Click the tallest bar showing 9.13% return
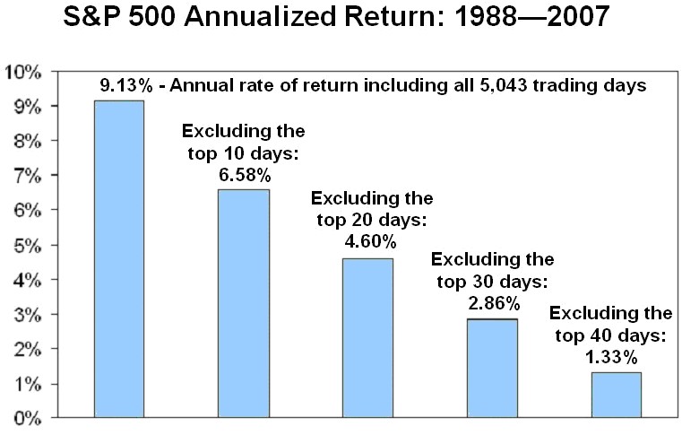[x=119, y=259]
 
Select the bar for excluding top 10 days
[x=244, y=303]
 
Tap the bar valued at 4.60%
[x=368, y=338]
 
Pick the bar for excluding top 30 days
[x=492, y=369]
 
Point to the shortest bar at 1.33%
[x=617, y=395]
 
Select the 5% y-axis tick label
[x=28, y=246]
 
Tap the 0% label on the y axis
[x=28, y=419]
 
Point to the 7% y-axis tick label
[x=28, y=177]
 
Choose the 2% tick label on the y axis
[x=28, y=350]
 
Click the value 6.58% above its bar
[x=245, y=176]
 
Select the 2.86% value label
[x=494, y=303]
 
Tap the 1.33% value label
[x=611, y=358]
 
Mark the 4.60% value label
[x=371, y=241]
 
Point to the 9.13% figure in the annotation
[x=126, y=85]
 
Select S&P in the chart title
[x=92, y=17]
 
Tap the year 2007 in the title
[x=578, y=17]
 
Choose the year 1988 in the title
[x=485, y=17]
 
